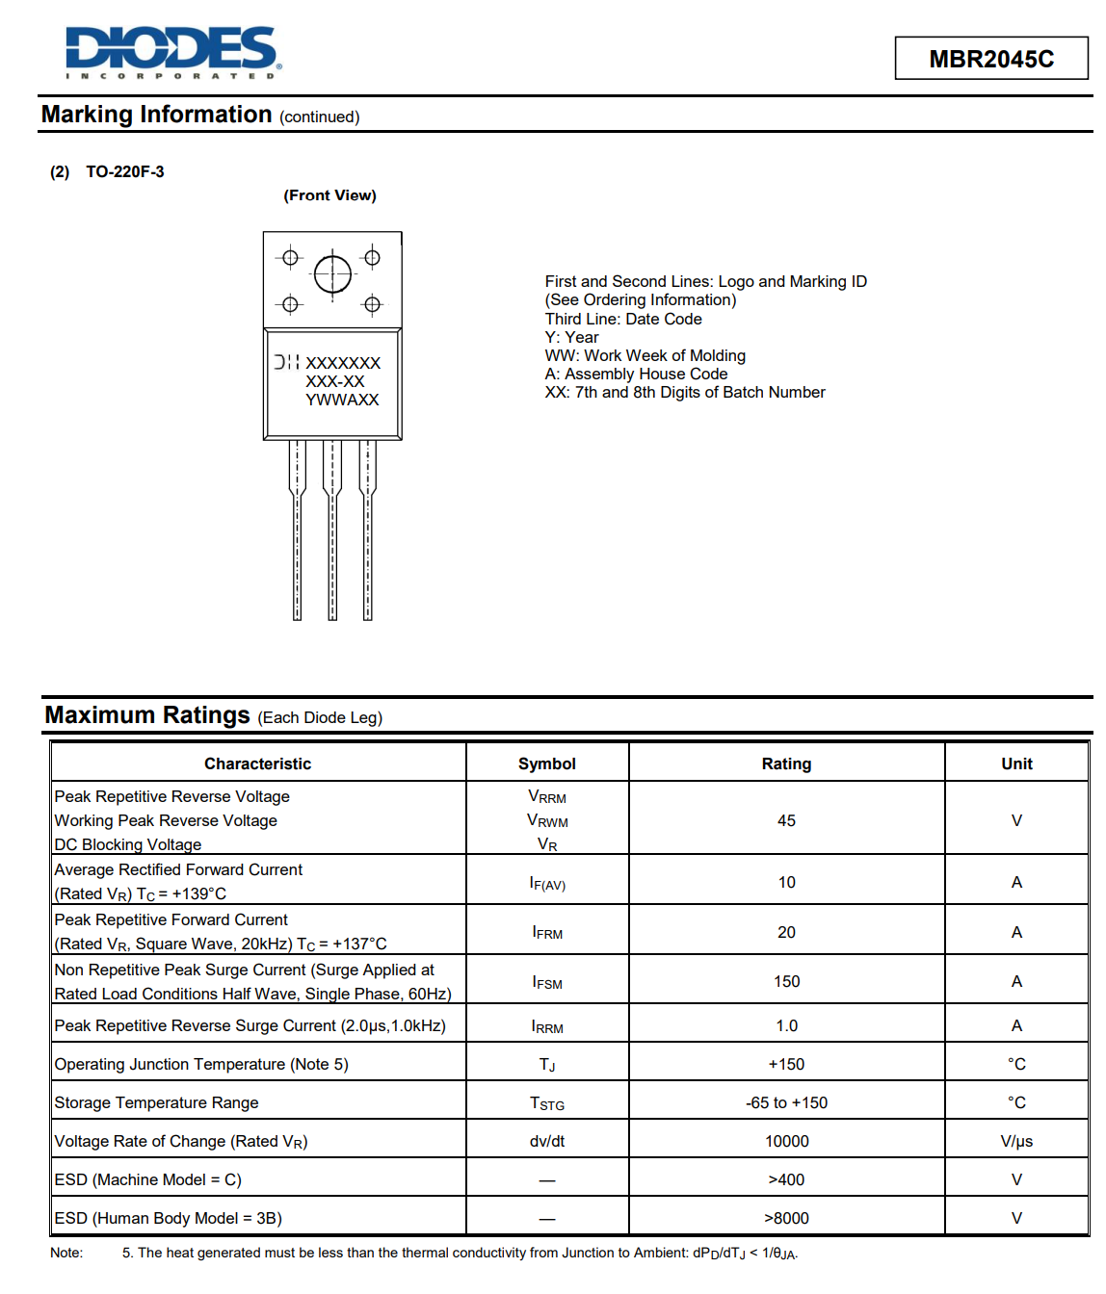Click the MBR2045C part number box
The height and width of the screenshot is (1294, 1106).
(990, 59)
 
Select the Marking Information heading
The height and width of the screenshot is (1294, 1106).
(156, 115)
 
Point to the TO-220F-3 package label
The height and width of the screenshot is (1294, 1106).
(124, 172)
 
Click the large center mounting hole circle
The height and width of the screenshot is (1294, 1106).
(332, 274)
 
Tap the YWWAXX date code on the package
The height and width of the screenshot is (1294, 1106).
(342, 401)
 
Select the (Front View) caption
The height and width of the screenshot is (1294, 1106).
(329, 195)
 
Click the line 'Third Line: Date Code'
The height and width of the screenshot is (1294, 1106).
(623, 319)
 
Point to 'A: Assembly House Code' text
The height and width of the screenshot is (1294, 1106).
(636, 374)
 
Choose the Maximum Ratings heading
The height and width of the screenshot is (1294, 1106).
(147, 715)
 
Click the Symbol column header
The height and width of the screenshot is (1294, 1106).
(546, 763)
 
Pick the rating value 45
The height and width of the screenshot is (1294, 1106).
(786, 820)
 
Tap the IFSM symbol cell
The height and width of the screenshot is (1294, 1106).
(546, 982)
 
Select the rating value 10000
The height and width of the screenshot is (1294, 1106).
(786, 1141)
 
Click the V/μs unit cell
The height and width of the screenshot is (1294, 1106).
(1016, 1141)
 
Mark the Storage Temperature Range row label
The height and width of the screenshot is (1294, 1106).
(156, 1102)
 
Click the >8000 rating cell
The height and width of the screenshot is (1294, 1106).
(786, 1218)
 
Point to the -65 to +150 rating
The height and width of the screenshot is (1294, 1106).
(786, 1102)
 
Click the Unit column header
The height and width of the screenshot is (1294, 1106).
(1016, 763)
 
